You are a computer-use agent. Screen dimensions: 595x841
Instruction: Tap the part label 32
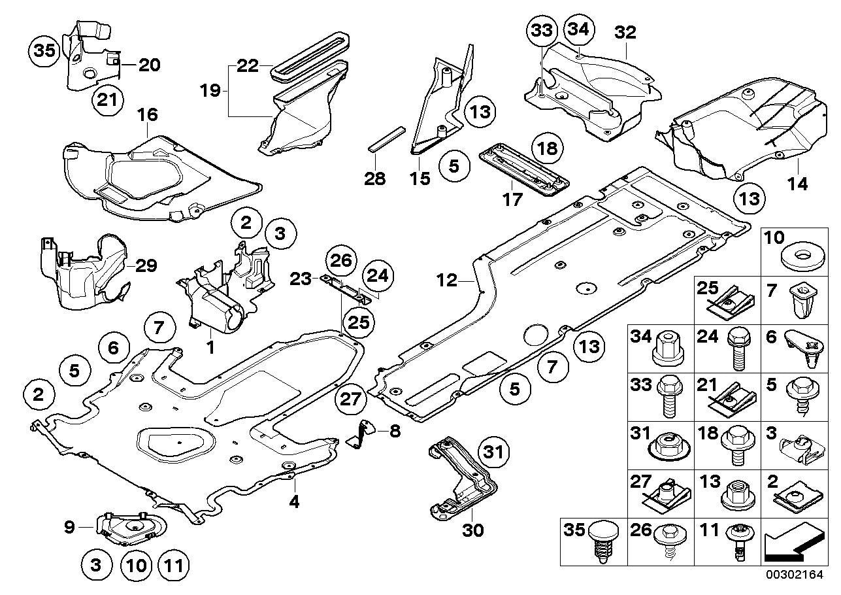coord(625,31)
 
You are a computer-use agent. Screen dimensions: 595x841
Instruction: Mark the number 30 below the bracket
coord(472,530)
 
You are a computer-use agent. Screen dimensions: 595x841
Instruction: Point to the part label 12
coord(447,281)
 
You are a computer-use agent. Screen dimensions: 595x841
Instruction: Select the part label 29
coord(146,265)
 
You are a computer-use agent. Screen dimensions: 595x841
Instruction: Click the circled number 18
coord(546,148)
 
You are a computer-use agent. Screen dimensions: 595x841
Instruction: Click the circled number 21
coord(107,101)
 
